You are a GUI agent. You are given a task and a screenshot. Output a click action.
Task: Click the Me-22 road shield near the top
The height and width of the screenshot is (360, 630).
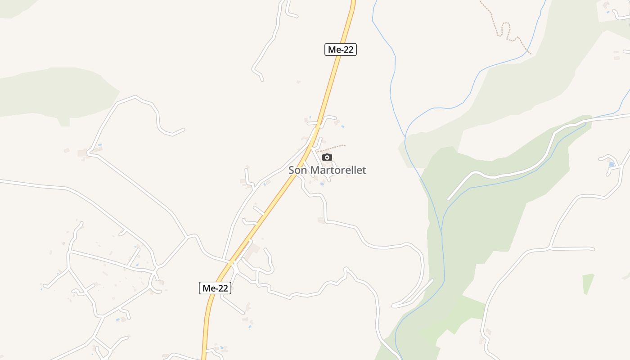[x=340, y=49]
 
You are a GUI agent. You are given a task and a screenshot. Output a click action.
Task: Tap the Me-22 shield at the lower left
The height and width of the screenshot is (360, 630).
[x=215, y=288]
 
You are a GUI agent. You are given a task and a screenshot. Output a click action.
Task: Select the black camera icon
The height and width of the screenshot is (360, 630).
[x=327, y=157]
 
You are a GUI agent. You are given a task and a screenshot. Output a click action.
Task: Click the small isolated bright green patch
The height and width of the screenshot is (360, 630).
[x=588, y=283]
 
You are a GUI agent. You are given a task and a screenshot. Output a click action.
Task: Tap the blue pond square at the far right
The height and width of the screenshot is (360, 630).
[x=611, y=164]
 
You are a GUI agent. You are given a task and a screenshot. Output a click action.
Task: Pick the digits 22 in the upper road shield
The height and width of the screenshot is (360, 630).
[x=346, y=49]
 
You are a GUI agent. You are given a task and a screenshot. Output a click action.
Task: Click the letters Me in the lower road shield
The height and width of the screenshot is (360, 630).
[x=208, y=288]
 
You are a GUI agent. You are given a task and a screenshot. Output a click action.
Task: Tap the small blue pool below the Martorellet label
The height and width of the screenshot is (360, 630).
[x=322, y=184]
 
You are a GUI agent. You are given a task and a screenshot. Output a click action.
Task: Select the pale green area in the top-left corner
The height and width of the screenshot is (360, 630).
[x=11, y=7]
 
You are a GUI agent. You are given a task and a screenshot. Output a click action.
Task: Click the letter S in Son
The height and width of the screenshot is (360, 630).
[x=291, y=170]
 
